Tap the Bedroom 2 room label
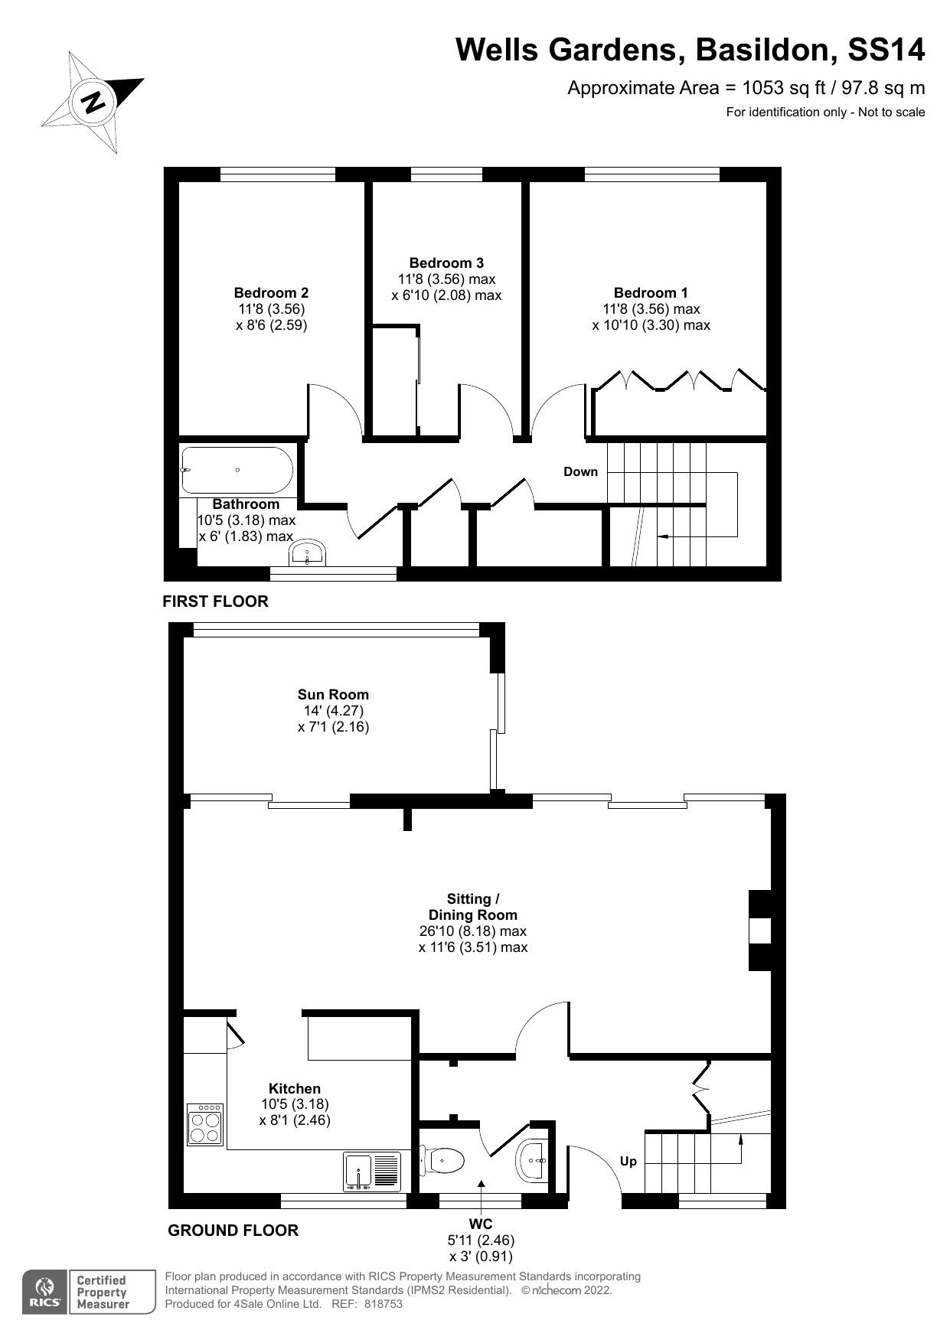(271, 293)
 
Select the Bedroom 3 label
(446, 263)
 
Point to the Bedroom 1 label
(651, 293)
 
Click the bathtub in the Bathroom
(237, 470)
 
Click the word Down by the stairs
(580, 471)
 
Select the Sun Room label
(333, 695)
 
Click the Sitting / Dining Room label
(473, 907)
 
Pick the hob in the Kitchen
(205, 1124)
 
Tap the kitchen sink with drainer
(372, 1172)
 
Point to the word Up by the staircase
(628, 1161)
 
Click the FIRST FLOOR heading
(216, 601)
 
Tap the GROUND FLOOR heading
(233, 1231)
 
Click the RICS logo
(45, 1292)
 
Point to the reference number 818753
(383, 1305)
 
